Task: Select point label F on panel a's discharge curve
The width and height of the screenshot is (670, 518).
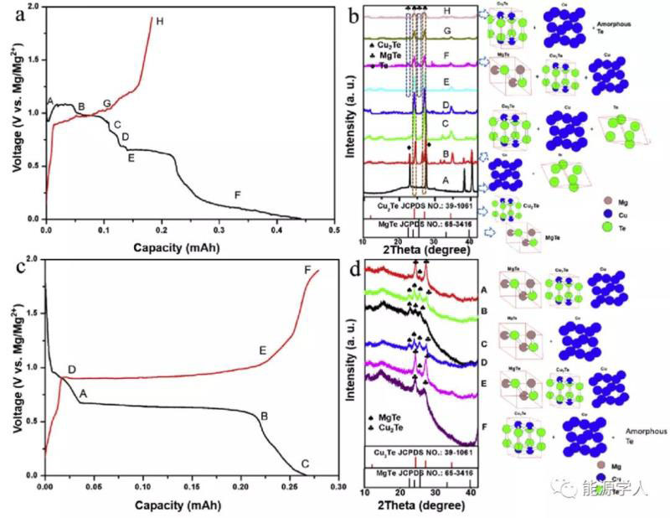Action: [238, 195]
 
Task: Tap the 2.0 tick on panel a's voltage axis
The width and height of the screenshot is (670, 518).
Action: [34, 7]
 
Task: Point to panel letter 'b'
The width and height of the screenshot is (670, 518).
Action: [354, 15]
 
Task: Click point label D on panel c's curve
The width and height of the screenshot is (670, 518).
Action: [71, 370]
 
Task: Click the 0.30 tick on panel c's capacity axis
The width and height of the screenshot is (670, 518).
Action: [338, 485]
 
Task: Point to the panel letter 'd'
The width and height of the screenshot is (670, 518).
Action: [354, 271]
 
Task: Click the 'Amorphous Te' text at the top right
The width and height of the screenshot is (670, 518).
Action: [645, 28]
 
